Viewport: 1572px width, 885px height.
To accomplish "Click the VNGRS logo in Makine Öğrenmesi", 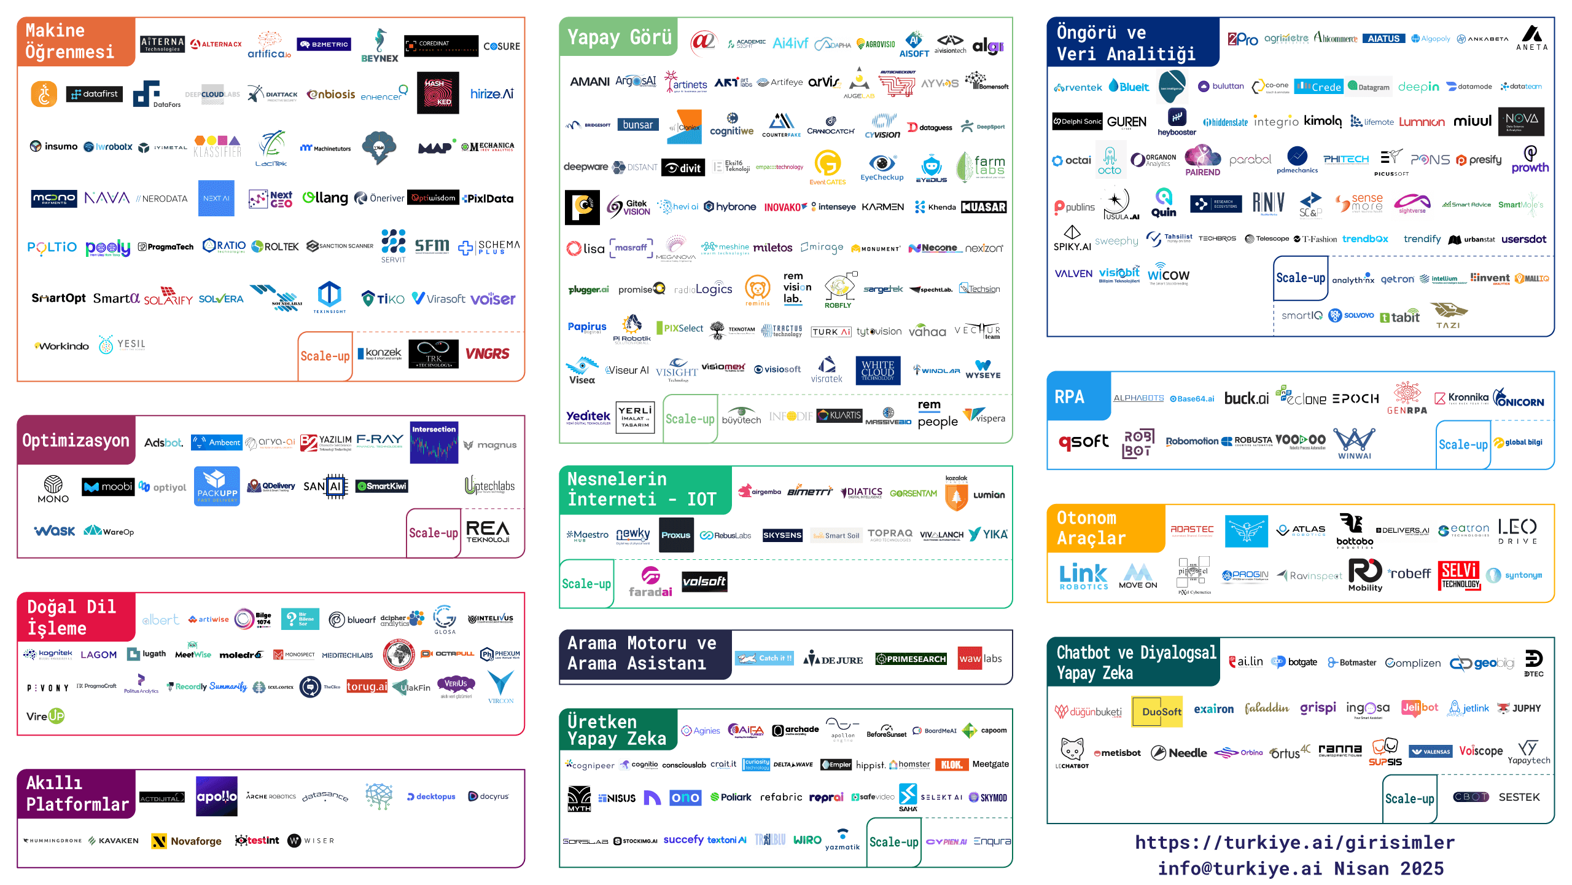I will (487, 354).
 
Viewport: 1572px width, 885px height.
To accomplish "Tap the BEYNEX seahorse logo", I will (379, 45).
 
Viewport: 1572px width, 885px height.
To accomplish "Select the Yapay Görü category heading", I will (619, 37).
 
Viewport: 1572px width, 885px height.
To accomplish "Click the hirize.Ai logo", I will (491, 93).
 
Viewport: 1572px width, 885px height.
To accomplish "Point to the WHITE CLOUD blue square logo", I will (877, 370).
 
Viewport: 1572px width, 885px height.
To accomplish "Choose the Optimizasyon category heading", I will (76, 441).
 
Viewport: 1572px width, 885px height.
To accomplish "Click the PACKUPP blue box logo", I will (217, 486).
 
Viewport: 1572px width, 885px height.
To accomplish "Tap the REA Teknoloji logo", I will (488, 532).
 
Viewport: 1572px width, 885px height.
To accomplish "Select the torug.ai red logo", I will (367, 686).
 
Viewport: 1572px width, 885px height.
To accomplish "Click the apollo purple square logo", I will (216, 796).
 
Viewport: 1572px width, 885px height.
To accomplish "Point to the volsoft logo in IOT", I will (704, 581).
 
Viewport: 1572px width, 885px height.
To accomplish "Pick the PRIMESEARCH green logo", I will (911, 659).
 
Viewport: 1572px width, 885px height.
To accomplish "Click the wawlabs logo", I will (979, 659).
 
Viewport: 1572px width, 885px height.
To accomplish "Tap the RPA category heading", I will (1070, 397).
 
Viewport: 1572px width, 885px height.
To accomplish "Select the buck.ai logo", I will (1246, 398).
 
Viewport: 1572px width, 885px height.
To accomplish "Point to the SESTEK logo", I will (1519, 797).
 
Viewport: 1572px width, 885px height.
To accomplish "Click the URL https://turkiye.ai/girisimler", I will (1294, 842).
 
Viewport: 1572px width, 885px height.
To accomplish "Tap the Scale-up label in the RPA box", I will (1463, 444).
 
